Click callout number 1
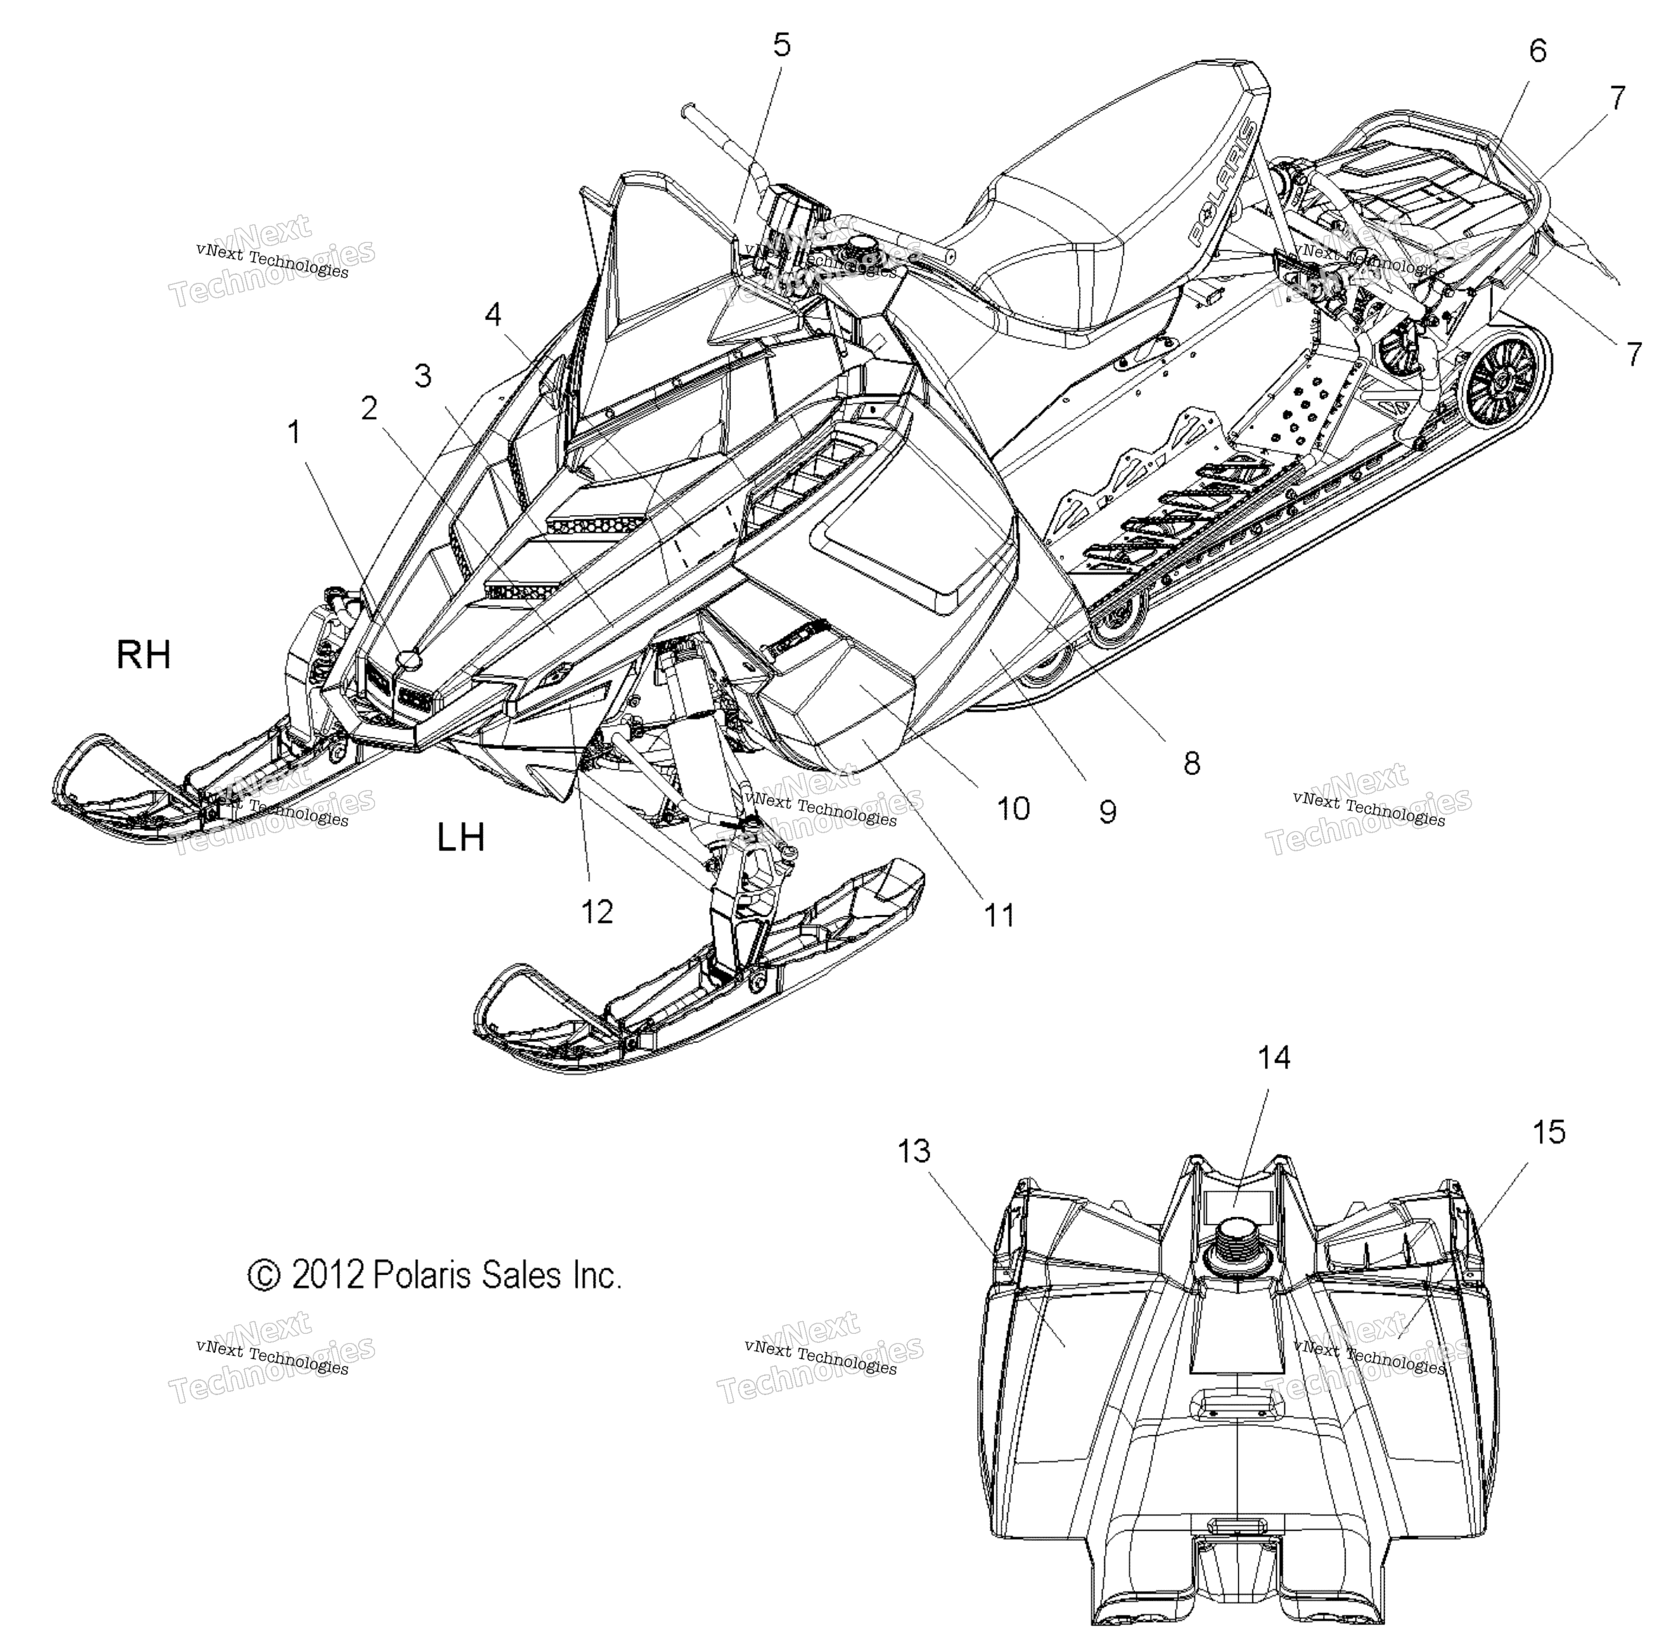[295, 433]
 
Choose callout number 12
[597, 911]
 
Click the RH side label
[143, 656]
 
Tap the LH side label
[461, 836]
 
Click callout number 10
[1013, 808]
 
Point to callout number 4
[493, 315]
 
